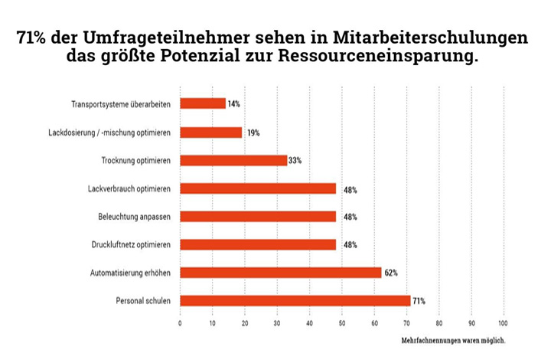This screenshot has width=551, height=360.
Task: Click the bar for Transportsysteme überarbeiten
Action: pos(203,103)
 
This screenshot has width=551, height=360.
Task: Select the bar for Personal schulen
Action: pos(295,300)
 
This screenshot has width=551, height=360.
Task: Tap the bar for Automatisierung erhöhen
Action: pos(280,272)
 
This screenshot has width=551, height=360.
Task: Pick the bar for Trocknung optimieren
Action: pos(233,160)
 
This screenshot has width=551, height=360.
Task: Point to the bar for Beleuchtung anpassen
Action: pos(258,216)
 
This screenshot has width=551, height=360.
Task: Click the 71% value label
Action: pos(420,300)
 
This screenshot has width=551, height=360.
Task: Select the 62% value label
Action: pos(391,272)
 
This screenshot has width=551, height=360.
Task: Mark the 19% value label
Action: pos(253,133)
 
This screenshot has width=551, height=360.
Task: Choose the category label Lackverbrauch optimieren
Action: pos(130,188)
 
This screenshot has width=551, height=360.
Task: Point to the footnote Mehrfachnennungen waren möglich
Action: pos(453,339)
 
